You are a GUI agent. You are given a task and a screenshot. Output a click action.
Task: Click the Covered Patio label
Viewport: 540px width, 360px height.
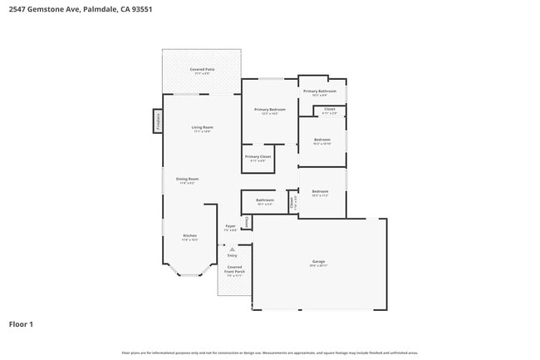[202, 69]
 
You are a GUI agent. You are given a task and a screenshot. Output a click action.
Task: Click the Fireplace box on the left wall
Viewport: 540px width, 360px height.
[156, 121]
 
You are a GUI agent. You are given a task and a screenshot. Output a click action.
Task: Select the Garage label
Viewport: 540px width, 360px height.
[318, 262]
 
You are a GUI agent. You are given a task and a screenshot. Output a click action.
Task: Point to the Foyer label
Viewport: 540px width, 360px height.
[231, 226]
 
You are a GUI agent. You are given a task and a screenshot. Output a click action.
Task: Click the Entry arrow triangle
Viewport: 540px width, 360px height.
[233, 249]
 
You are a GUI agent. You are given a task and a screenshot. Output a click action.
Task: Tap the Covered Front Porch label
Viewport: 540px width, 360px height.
[234, 270]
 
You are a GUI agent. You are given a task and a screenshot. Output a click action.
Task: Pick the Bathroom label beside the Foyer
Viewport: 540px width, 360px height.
[265, 200]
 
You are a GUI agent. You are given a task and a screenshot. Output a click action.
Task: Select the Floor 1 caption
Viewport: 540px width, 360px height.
[21, 323]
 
